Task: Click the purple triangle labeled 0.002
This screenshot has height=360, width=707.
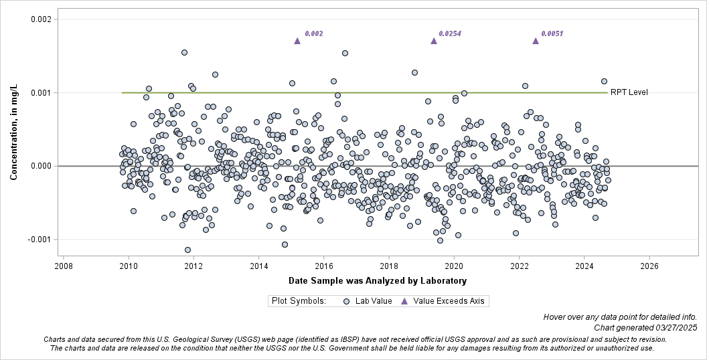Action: pyautogui.click(x=297, y=41)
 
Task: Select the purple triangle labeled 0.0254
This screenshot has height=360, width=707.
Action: pyautogui.click(x=434, y=41)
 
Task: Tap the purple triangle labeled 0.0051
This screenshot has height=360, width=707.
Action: pyautogui.click(x=536, y=41)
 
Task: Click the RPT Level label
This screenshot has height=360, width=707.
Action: pyautogui.click(x=629, y=92)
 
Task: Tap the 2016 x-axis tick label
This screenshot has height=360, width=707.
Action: pyautogui.click(x=324, y=266)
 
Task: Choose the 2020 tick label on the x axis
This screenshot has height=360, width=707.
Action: pyautogui.click(x=454, y=266)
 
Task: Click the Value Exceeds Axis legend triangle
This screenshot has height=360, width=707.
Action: pyautogui.click(x=404, y=301)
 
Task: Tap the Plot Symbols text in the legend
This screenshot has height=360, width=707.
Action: pyautogui.click(x=299, y=301)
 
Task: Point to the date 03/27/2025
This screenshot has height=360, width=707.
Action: pyautogui.click(x=674, y=327)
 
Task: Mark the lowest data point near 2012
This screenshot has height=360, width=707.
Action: pyautogui.click(x=187, y=250)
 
